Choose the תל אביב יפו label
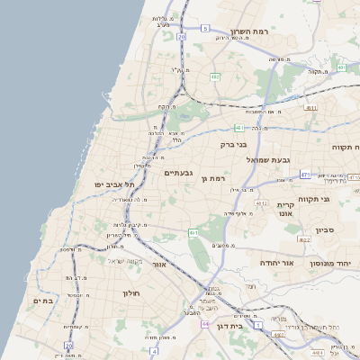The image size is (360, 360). pyautogui.click(x=114, y=184)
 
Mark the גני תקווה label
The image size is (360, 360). pyautogui.click(x=338, y=199)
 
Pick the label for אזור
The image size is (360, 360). pyautogui.click(x=160, y=265)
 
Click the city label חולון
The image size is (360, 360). pyautogui.click(x=130, y=292)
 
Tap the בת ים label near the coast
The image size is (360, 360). pyautogui.click(x=43, y=301)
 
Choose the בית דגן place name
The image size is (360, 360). pyautogui.click(x=231, y=327)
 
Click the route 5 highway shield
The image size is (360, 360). pyautogui.click(x=205, y=29)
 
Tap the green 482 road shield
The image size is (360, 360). pyautogui.click(x=215, y=76)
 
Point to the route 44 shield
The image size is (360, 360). pyautogui.click(x=206, y=324)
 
